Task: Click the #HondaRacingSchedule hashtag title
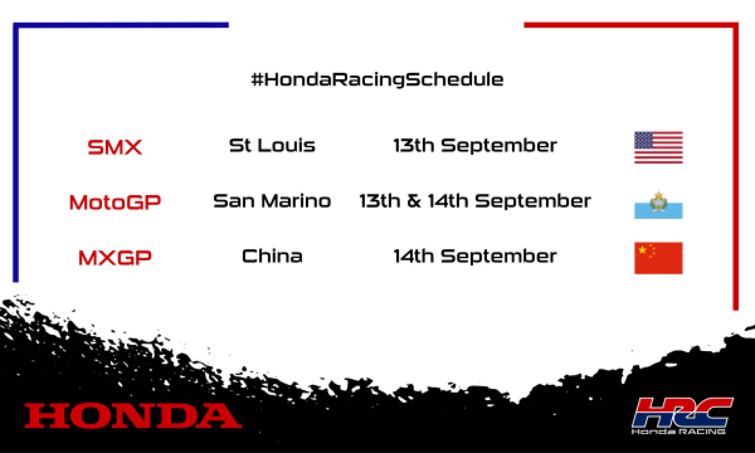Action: (x=377, y=80)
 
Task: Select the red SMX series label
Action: (x=115, y=147)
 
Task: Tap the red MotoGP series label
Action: (x=115, y=202)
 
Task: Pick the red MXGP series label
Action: (x=115, y=257)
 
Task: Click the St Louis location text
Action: (x=272, y=145)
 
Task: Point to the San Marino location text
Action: (x=272, y=201)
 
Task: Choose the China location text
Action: (x=272, y=256)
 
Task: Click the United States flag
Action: (x=658, y=147)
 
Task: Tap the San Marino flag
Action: (x=658, y=206)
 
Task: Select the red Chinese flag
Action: (x=658, y=258)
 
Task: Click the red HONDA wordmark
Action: (x=133, y=415)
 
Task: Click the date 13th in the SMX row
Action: (x=414, y=145)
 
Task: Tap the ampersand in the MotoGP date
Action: (x=414, y=201)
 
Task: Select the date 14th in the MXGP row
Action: (x=414, y=256)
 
